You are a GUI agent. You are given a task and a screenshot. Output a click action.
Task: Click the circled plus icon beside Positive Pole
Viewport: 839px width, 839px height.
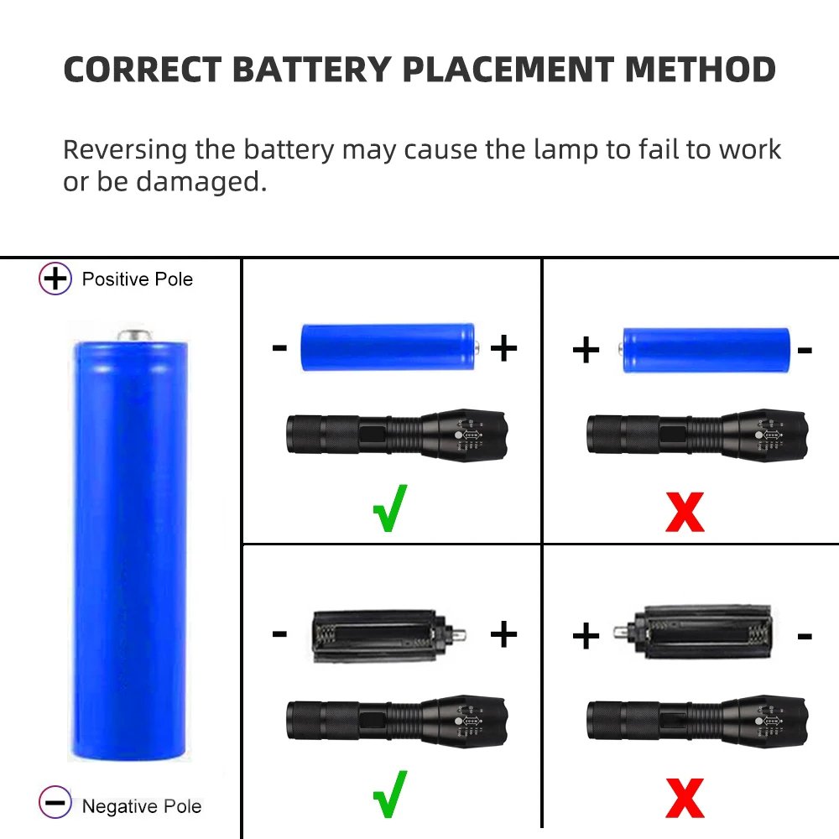click(x=55, y=279)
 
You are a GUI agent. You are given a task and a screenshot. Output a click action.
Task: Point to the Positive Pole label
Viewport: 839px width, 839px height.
click(x=138, y=279)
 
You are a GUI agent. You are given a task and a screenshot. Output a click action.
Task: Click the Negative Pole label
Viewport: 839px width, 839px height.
click(x=142, y=806)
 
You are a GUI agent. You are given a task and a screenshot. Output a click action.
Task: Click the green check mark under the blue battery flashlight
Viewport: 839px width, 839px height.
click(x=390, y=508)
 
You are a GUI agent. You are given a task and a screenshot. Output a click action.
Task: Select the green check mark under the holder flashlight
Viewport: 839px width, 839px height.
click(x=390, y=793)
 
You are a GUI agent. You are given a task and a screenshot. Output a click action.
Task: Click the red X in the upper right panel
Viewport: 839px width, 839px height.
click(x=685, y=511)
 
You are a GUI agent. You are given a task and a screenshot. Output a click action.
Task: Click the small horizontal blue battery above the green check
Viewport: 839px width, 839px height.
click(x=389, y=347)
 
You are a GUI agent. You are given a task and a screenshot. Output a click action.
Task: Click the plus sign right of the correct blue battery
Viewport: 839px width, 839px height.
click(x=503, y=348)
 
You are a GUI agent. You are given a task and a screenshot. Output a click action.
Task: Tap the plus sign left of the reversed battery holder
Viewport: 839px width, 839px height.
click(x=586, y=637)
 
